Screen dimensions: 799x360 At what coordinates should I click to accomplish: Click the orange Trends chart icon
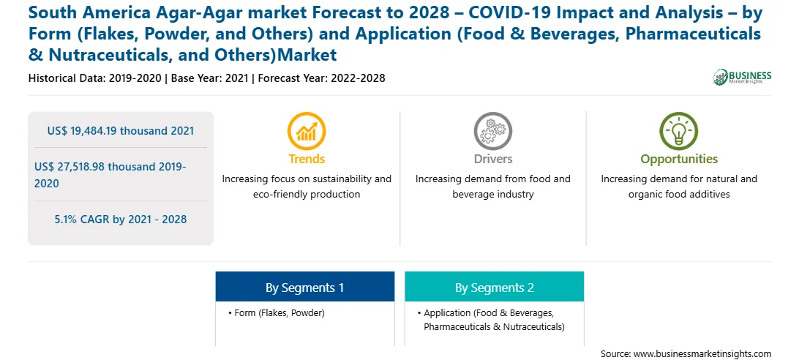(307, 131)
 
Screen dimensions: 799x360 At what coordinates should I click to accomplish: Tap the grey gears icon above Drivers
(492, 131)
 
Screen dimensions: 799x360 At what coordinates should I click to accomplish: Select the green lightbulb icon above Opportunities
(679, 131)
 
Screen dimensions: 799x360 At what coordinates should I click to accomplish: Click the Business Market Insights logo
(743, 77)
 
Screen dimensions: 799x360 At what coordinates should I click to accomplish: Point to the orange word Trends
(307, 159)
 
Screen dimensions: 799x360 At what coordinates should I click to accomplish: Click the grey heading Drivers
(492, 159)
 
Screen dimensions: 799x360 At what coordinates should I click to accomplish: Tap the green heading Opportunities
(679, 159)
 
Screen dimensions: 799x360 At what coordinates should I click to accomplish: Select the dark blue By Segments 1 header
(304, 287)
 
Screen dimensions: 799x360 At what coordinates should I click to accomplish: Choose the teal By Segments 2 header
(495, 287)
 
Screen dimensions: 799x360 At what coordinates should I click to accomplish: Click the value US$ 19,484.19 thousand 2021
(121, 130)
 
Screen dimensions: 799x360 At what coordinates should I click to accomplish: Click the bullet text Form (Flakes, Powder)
(280, 313)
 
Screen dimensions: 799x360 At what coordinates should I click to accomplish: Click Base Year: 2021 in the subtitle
(209, 78)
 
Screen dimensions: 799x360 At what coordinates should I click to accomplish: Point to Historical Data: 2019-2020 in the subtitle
(95, 78)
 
